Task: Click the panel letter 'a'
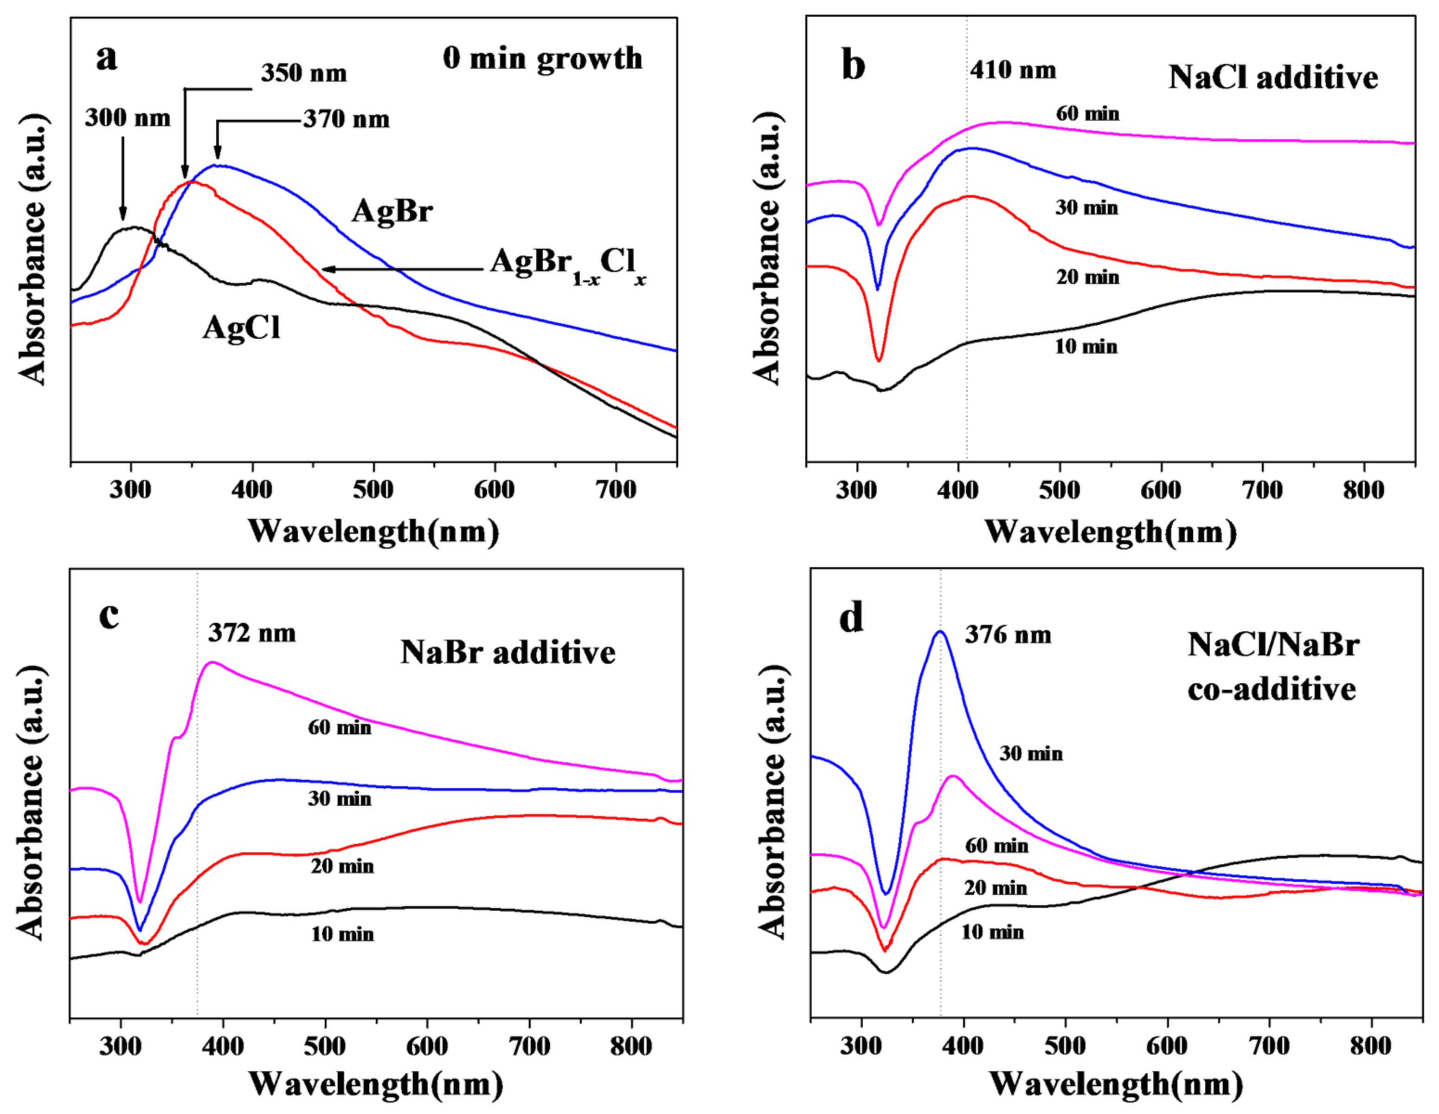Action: (107, 58)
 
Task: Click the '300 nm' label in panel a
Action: (127, 118)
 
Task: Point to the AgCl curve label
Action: (241, 327)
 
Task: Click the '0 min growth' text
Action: (542, 58)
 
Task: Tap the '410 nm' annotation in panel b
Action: (1013, 70)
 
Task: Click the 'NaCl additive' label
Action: (1272, 78)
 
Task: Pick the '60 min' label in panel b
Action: (1087, 113)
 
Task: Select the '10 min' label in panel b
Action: (1086, 346)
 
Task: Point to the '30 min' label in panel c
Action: (339, 798)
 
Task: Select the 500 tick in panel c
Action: (326, 1046)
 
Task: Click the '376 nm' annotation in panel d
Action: (1008, 635)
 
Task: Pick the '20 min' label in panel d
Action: (996, 888)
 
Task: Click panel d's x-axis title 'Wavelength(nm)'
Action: (1116, 1084)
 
